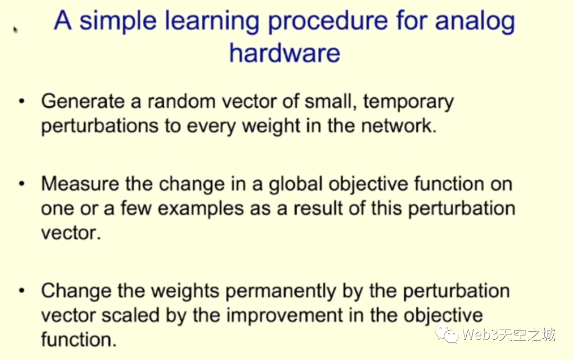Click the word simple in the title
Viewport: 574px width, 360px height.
[x=117, y=22]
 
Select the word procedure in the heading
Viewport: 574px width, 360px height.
[x=327, y=22]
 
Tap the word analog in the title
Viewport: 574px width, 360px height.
[x=475, y=22]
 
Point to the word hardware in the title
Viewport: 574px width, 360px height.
[x=284, y=53]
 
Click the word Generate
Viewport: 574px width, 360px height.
[x=83, y=102]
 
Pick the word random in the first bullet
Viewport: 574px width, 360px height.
[x=182, y=102]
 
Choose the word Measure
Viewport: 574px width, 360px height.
[x=80, y=184]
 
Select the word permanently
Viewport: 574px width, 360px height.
[x=281, y=291]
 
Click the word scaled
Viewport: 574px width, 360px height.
[x=130, y=315]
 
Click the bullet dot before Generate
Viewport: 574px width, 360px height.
[x=22, y=102]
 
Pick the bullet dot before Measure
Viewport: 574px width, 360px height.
[x=22, y=183]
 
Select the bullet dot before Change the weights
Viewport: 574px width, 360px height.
[x=22, y=291]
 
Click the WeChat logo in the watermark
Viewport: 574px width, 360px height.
[x=446, y=333]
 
